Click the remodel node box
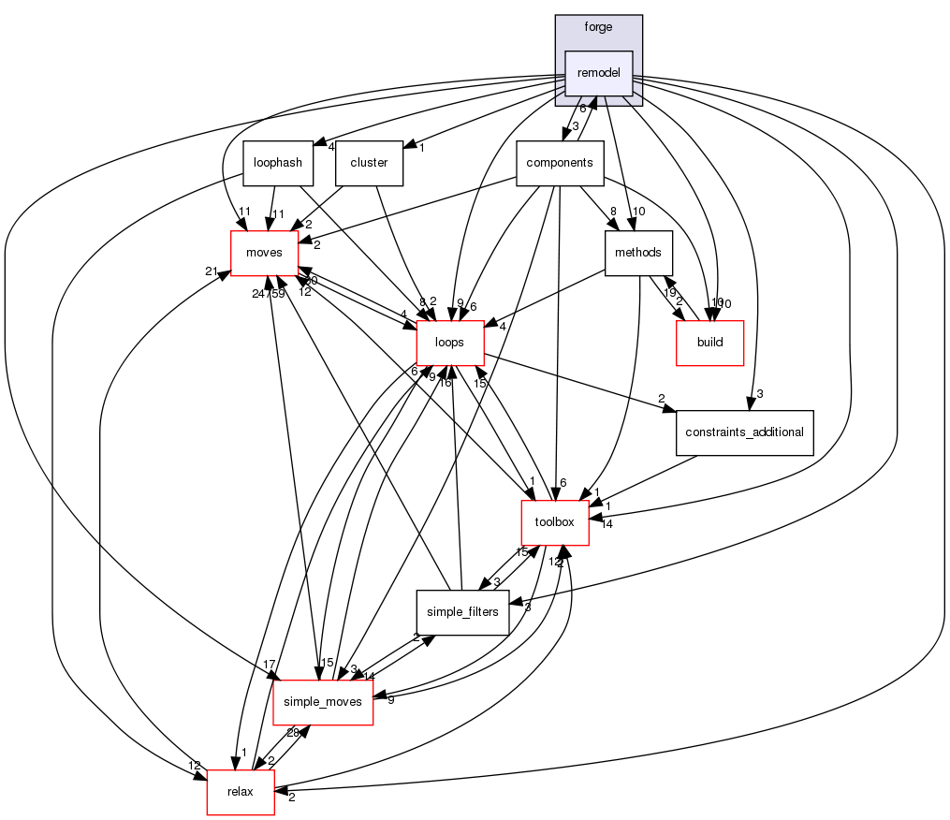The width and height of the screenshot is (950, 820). point(599,73)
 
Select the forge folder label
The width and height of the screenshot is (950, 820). point(598,27)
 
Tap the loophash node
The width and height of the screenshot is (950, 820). point(277,163)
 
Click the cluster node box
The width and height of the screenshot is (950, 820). point(369,163)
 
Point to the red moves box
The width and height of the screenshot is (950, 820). point(264,253)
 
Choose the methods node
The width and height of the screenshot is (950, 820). point(639,253)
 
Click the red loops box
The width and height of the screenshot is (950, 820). point(449,343)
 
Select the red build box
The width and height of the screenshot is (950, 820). point(710,343)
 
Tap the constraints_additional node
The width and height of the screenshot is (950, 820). point(745,432)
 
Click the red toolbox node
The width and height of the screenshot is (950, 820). point(554,522)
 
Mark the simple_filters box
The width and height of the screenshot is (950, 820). point(462,612)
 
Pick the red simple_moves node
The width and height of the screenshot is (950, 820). point(323,702)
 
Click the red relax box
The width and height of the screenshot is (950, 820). point(241,792)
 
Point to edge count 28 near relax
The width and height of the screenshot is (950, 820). point(266,732)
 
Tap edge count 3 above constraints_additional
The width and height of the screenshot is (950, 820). point(760,394)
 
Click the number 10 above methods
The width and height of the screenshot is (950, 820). point(639,212)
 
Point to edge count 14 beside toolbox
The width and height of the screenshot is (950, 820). point(607,524)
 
